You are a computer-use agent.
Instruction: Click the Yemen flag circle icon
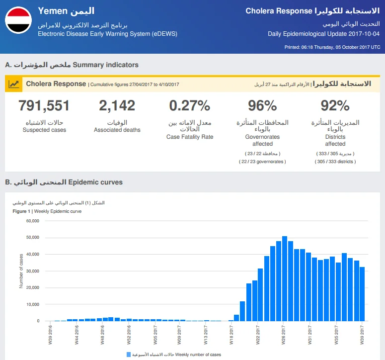[18, 20]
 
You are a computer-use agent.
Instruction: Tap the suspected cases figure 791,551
[44, 106]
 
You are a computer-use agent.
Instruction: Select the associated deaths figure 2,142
[117, 106]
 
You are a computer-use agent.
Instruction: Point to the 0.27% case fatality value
[190, 106]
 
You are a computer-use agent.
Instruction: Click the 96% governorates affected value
[262, 106]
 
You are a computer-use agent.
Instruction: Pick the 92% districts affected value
[335, 106]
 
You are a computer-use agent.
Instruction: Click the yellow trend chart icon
[13, 85]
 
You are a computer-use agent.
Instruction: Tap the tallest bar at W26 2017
[285, 278]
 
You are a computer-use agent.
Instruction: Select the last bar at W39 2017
[362, 294]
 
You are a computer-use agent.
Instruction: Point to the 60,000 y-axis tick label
[33, 221]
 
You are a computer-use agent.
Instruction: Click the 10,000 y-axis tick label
[33, 304]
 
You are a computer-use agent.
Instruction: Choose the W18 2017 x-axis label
[231, 335]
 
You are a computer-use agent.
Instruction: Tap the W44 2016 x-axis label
[77, 335]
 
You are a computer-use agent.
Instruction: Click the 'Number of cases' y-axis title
[21, 271]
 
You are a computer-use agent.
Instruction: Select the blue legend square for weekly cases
[128, 355]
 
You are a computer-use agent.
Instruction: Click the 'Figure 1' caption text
[21, 211]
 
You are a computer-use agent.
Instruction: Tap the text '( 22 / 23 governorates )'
[262, 162]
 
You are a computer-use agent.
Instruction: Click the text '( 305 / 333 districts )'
[335, 162]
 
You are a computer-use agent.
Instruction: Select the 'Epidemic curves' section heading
[95, 182]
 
